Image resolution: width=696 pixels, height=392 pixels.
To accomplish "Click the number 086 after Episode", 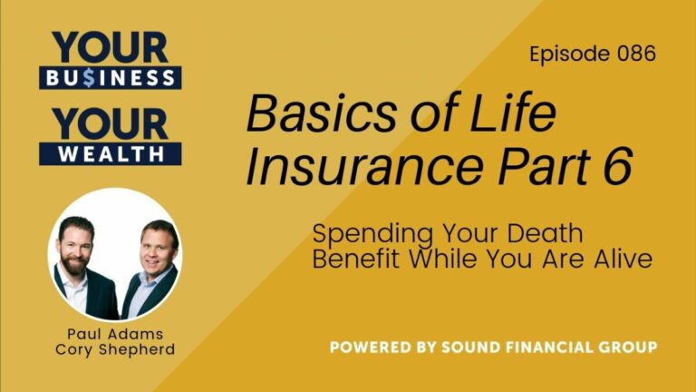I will [635, 54].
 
